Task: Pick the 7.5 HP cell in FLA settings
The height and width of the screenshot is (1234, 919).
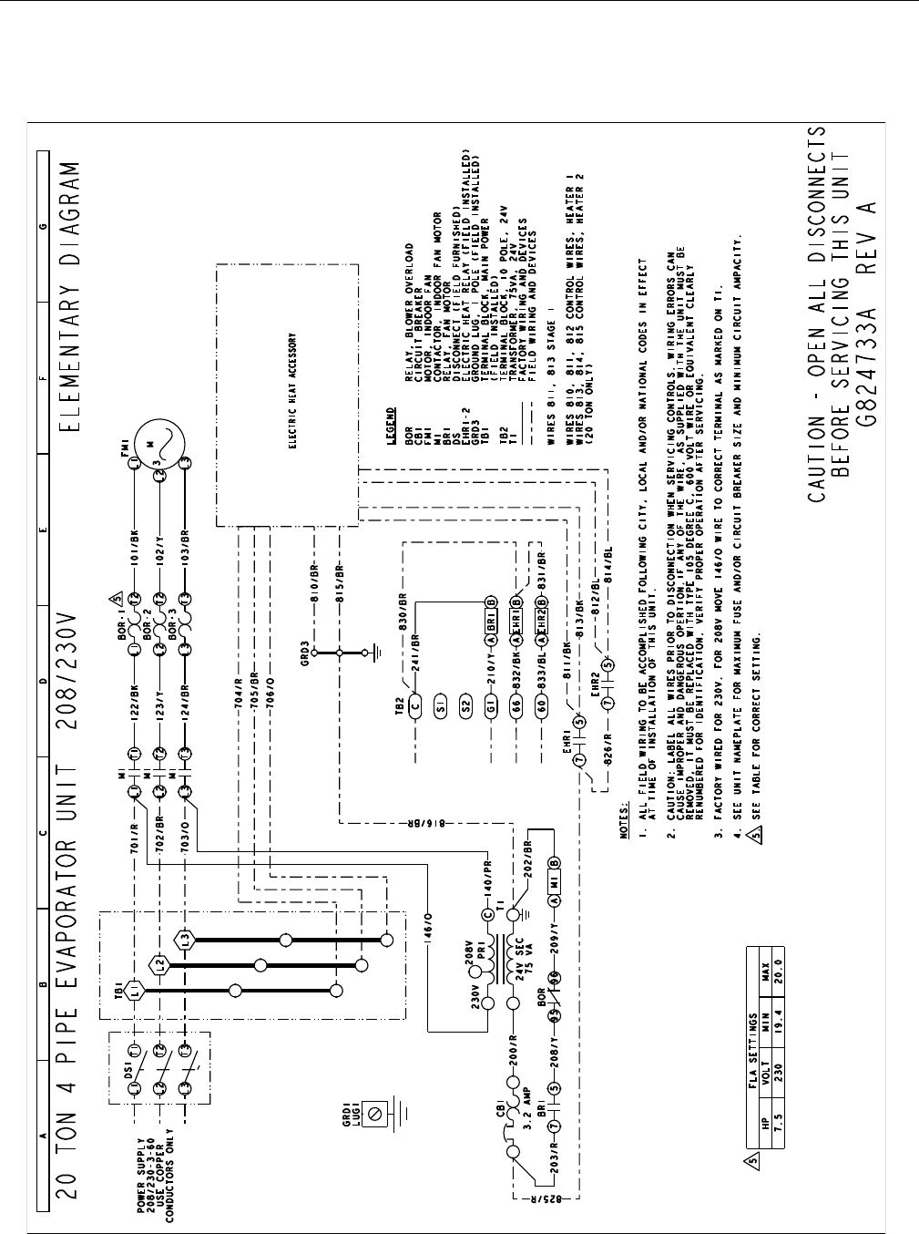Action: click(x=777, y=1140)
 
